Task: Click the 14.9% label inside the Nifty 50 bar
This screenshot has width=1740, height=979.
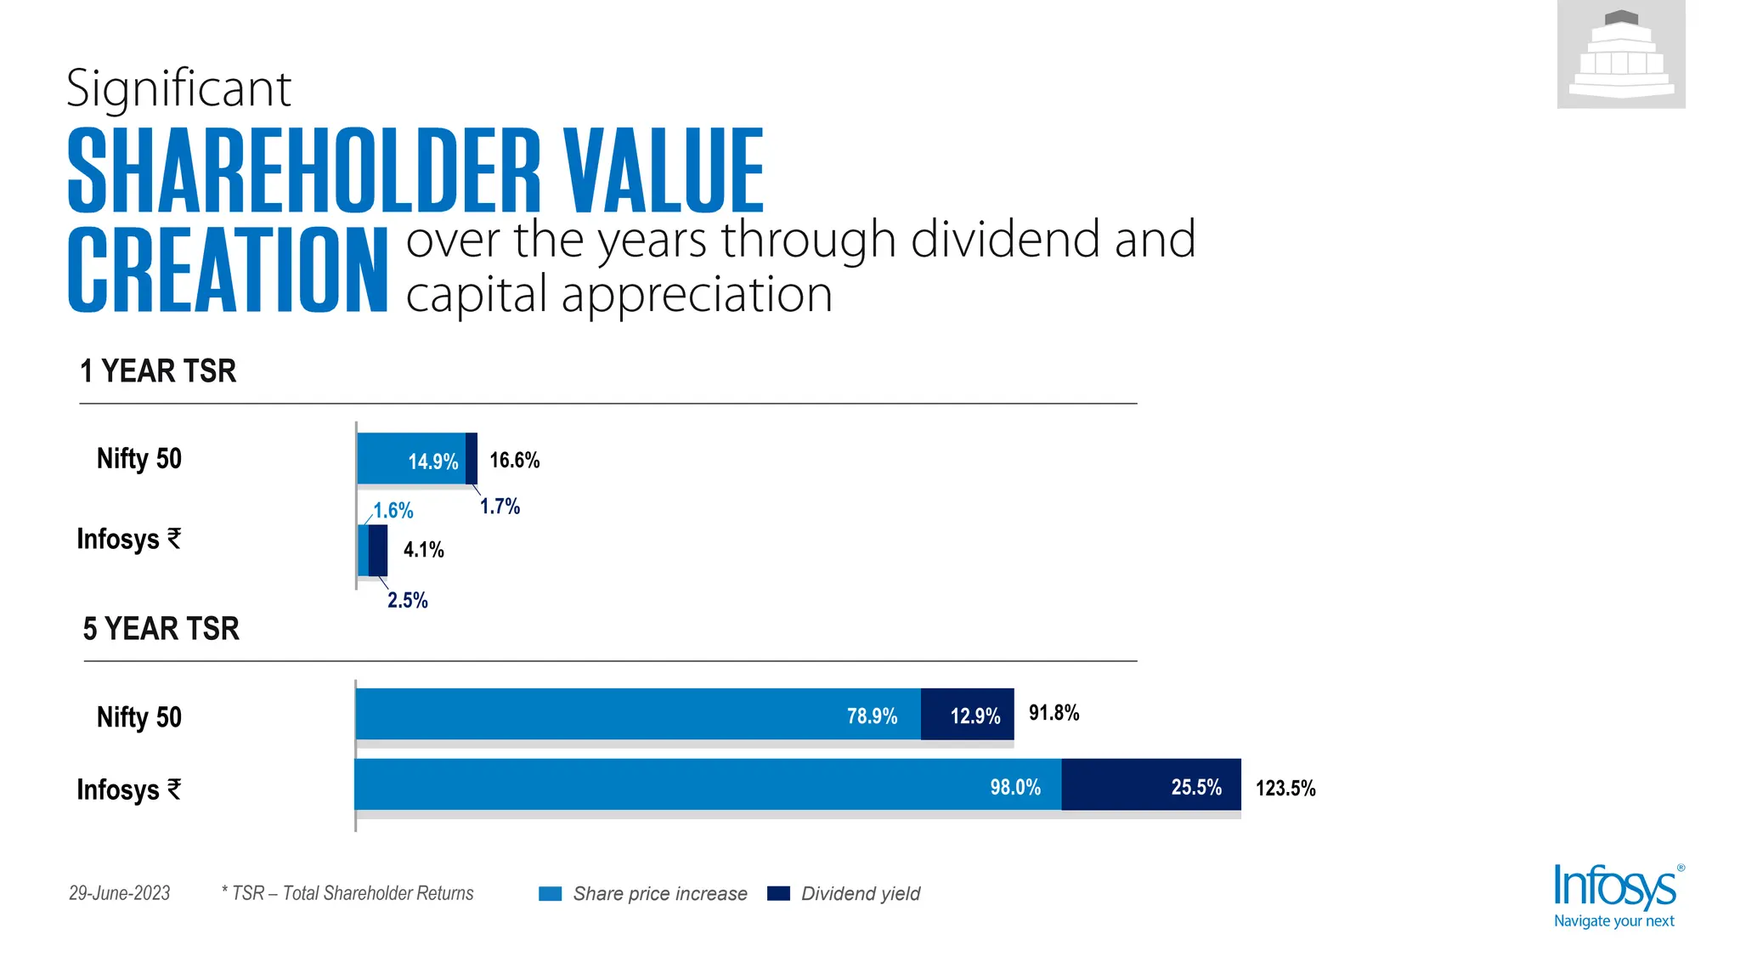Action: (432, 461)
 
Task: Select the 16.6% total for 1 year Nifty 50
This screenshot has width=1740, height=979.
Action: (514, 460)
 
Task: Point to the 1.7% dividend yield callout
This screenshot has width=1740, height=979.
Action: (500, 506)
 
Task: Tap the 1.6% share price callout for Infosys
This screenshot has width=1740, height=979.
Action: (393, 511)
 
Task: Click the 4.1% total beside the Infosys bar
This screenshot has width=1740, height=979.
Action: (423, 550)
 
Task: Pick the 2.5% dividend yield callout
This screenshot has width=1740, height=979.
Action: (408, 601)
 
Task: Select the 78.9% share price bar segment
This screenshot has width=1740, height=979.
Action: (637, 714)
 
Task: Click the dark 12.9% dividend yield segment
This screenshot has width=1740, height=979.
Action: (967, 714)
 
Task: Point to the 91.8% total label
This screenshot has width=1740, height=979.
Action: (1054, 713)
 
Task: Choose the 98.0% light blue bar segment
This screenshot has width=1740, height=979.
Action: (707, 784)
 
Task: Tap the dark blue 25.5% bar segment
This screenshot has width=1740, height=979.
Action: (1150, 784)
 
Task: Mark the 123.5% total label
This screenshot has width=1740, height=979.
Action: (1285, 789)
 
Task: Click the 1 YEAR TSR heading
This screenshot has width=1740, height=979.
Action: (158, 371)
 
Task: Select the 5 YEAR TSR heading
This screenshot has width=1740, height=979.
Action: (161, 629)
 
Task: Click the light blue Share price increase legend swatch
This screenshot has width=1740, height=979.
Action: (551, 894)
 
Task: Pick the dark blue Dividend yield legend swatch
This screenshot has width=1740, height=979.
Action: (778, 894)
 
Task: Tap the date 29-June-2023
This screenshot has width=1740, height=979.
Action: (119, 893)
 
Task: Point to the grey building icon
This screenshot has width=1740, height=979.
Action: (1621, 54)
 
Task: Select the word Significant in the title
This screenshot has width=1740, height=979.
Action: (178, 88)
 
